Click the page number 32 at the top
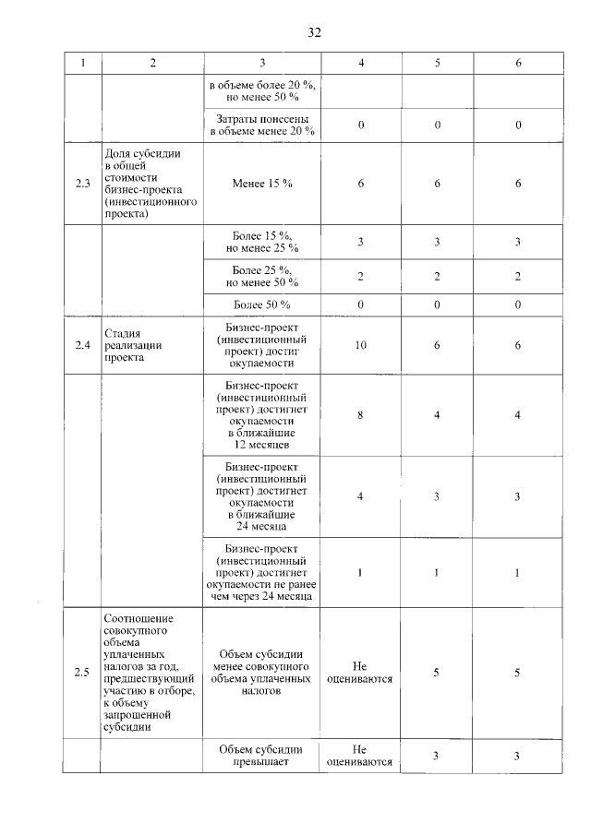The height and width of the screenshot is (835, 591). pyautogui.click(x=314, y=33)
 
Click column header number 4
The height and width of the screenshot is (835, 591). pyautogui.click(x=360, y=63)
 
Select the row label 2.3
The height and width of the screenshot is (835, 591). pyautogui.click(x=82, y=184)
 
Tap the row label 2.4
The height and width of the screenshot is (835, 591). pyautogui.click(x=82, y=345)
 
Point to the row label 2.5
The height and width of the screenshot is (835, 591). pyautogui.click(x=82, y=673)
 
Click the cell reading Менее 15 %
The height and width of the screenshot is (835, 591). pyautogui.click(x=262, y=184)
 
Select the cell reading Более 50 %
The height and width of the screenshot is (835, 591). pyautogui.click(x=262, y=305)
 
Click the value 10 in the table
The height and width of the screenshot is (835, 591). pyautogui.click(x=360, y=345)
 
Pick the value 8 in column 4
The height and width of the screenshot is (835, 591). pyautogui.click(x=360, y=415)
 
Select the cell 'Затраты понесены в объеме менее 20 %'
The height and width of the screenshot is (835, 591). pyautogui.click(x=262, y=125)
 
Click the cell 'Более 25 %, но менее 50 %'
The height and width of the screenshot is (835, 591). pyautogui.click(x=262, y=276)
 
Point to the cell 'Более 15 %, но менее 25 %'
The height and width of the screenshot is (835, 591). pyautogui.click(x=262, y=242)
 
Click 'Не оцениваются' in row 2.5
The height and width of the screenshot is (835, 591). pyautogui.click(x=360, y=673)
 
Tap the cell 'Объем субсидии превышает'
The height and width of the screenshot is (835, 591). pyautogui.click(x=262, y=756)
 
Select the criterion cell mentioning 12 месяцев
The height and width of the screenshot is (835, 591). pyautogui.click(x=262, y=415)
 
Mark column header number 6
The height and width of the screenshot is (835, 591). pyautogui.click(x=519, y=63)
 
